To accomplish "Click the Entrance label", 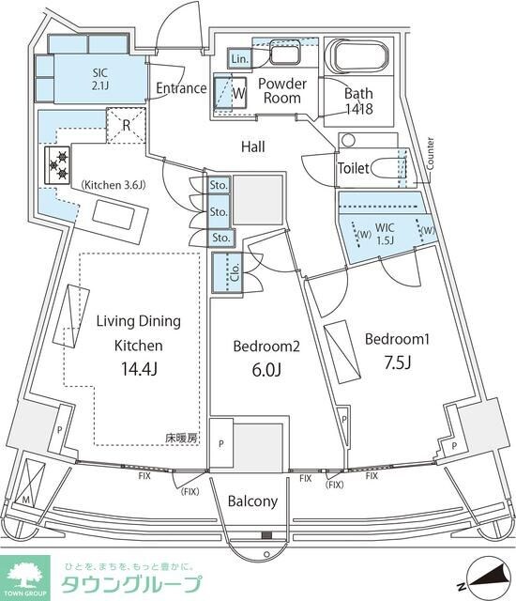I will click(181, 88).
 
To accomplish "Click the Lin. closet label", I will click(239, 59).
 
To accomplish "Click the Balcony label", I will click(252, 501).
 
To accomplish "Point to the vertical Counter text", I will click(429, 152).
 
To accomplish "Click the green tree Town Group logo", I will click(27, 575).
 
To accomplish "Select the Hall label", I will click(252, 146).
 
